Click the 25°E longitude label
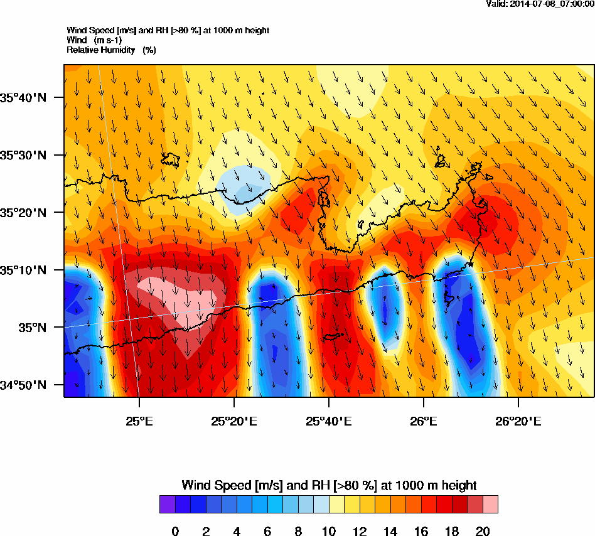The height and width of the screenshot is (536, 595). (139, 421)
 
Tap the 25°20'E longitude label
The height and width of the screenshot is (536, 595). (233, 421)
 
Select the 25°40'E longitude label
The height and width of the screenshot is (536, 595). (328, 421)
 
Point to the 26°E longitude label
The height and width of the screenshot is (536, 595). (424, 421)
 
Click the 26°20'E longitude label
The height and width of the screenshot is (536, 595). (518, 421)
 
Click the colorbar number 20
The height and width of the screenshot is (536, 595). (483, 532)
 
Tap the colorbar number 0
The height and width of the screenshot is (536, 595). (175, 532)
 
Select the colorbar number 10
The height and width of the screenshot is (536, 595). (329, 532)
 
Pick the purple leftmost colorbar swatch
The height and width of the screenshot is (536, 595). (167, 505)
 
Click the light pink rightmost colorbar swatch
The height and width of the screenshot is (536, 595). (490, 505)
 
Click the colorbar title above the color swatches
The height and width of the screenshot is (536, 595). (329, 485)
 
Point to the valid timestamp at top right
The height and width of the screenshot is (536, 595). (540, 4)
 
